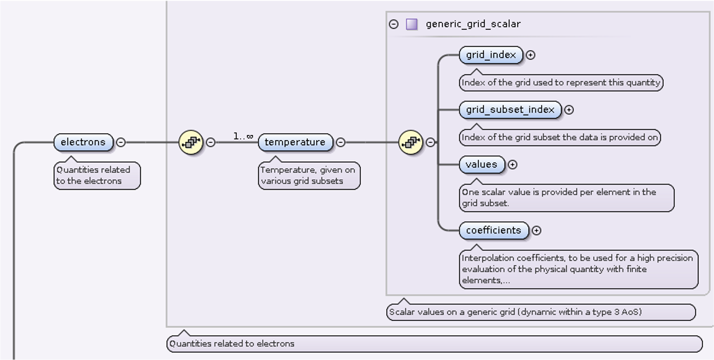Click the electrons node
point(83,142)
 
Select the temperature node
point(295,142)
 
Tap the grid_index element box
point(491,55)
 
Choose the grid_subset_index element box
point(510,110)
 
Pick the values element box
point(482,164)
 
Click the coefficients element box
point(493,230)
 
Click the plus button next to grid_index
point(531,55)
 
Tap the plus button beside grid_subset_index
point(569,110)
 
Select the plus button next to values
point(513,164)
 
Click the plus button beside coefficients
point(537,230)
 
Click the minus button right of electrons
point(121,142)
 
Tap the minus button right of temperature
point(340,142)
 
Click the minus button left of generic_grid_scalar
point(394,24)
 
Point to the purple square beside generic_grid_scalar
point(412,24)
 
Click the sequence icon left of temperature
point(191,142)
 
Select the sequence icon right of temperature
point(410,142)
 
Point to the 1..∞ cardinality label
point(242,136)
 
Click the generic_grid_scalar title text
point(473,24)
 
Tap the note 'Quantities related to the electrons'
point(97,175)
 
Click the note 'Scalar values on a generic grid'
point(540,312)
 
